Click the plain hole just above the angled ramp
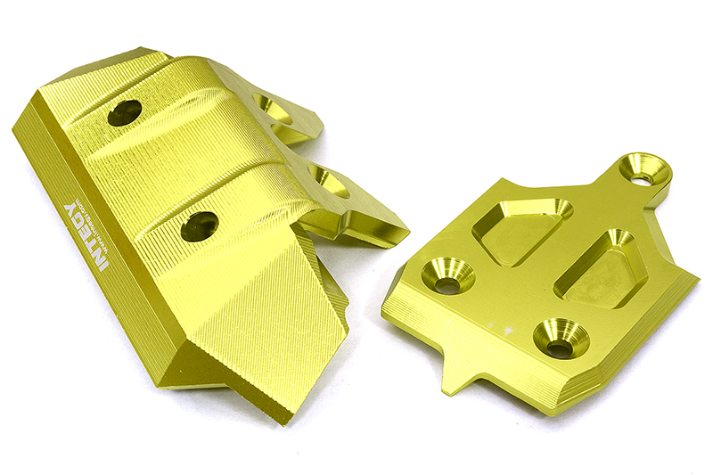(200, 226)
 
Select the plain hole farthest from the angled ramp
(124, 112)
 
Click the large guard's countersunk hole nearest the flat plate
(330, 182)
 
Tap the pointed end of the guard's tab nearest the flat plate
(406, 239)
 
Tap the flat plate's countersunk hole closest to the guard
(447, 276)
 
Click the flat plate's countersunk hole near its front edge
(560, 339)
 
